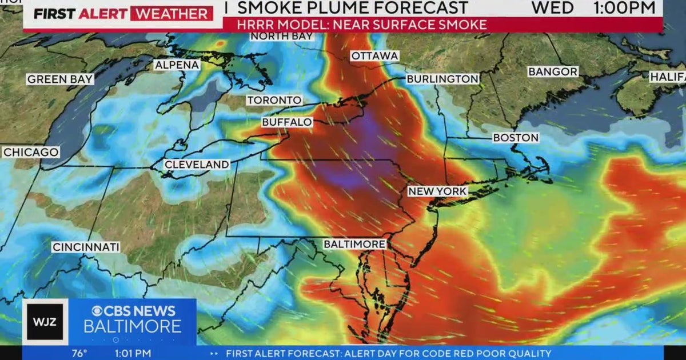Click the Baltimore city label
click(354, 244)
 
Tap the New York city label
click(437, 191)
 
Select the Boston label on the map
click(516, 138)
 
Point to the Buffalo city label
click(287, 122)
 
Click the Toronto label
click(274, 101)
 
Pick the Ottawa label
click(374, 56)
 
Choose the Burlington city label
click(442, 79)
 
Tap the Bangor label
click(553, 72)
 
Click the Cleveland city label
click(197, 165)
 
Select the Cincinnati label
click(86, 247)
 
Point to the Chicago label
click(31, 153)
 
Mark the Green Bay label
click(60, 79)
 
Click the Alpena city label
click(177, 65)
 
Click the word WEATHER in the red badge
click(171, 14)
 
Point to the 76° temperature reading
click(79, 354)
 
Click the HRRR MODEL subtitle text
click(355, 25)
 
